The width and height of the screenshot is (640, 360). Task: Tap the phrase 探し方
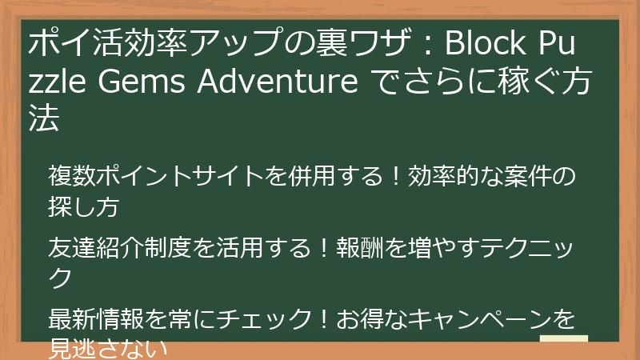85,207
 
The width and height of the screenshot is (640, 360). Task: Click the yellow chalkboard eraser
565,346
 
